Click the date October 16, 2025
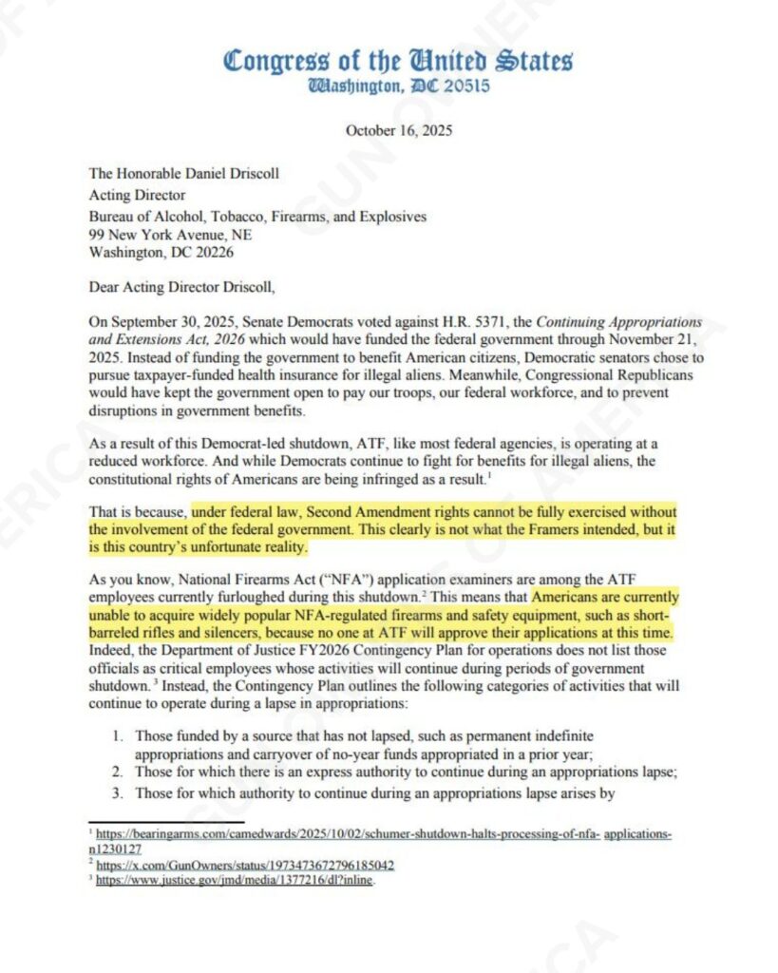click(398, 130)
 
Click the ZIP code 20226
click(214, 253)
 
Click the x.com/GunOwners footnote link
click(246, 865)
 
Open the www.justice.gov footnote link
click(236, 881)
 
